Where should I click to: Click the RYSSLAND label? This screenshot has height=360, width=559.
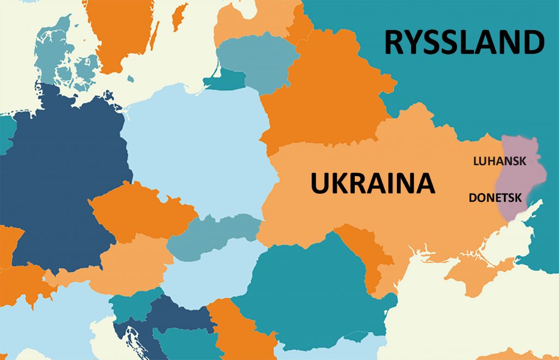tap(464, 43)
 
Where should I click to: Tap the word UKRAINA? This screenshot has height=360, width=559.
tap(373, 183)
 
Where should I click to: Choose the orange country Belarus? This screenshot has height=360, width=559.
tap(322, 104)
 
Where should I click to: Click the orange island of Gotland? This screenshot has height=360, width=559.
tap(179, 16)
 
